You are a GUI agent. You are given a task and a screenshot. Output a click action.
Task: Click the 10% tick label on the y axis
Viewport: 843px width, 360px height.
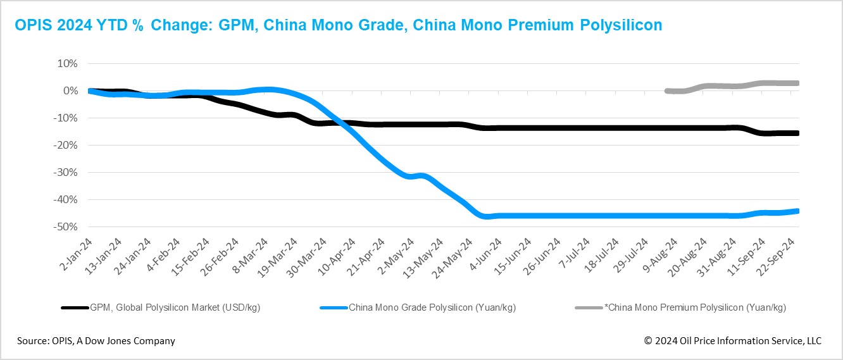coord(68,64)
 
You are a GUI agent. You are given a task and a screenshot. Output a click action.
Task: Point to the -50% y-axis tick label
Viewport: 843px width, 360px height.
coord(66,227)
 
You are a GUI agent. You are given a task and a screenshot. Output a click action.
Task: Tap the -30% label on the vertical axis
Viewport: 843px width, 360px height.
coord(66,172)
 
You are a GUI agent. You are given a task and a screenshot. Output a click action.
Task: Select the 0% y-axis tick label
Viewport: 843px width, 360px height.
coord(70,91)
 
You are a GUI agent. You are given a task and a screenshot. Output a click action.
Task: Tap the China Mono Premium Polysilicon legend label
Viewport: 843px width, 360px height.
coord(696,308)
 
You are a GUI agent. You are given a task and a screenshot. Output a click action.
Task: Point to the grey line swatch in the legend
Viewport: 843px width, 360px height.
coord(587,308)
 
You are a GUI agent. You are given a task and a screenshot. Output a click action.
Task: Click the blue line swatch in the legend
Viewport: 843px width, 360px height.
coord(334,308)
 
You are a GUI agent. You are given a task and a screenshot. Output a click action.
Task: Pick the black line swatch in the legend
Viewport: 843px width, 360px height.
coord(75,308)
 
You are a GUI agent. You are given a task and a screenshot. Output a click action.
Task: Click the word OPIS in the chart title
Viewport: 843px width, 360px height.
coord(32,25)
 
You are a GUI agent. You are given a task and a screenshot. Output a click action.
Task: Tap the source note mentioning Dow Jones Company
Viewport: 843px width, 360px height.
coord(96,341)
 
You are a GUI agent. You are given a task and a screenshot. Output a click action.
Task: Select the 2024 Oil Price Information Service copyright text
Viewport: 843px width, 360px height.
coord(732,341)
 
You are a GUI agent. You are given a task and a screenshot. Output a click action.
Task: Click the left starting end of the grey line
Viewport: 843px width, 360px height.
coord(667,91)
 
